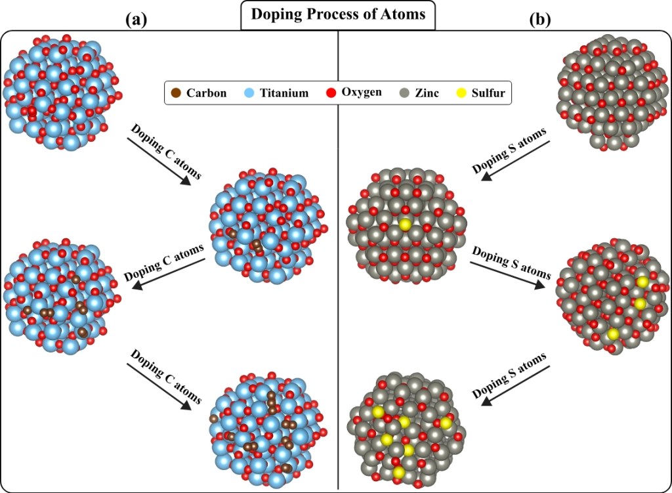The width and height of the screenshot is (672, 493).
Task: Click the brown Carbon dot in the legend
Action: click(176, 93)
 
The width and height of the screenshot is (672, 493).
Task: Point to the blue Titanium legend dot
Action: click(250, 93)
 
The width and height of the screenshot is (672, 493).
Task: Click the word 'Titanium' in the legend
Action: click(284, 93)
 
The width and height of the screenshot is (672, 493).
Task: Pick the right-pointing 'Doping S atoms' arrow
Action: click(509, 271)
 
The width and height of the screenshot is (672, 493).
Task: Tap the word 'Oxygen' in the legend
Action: click(361, 93)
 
